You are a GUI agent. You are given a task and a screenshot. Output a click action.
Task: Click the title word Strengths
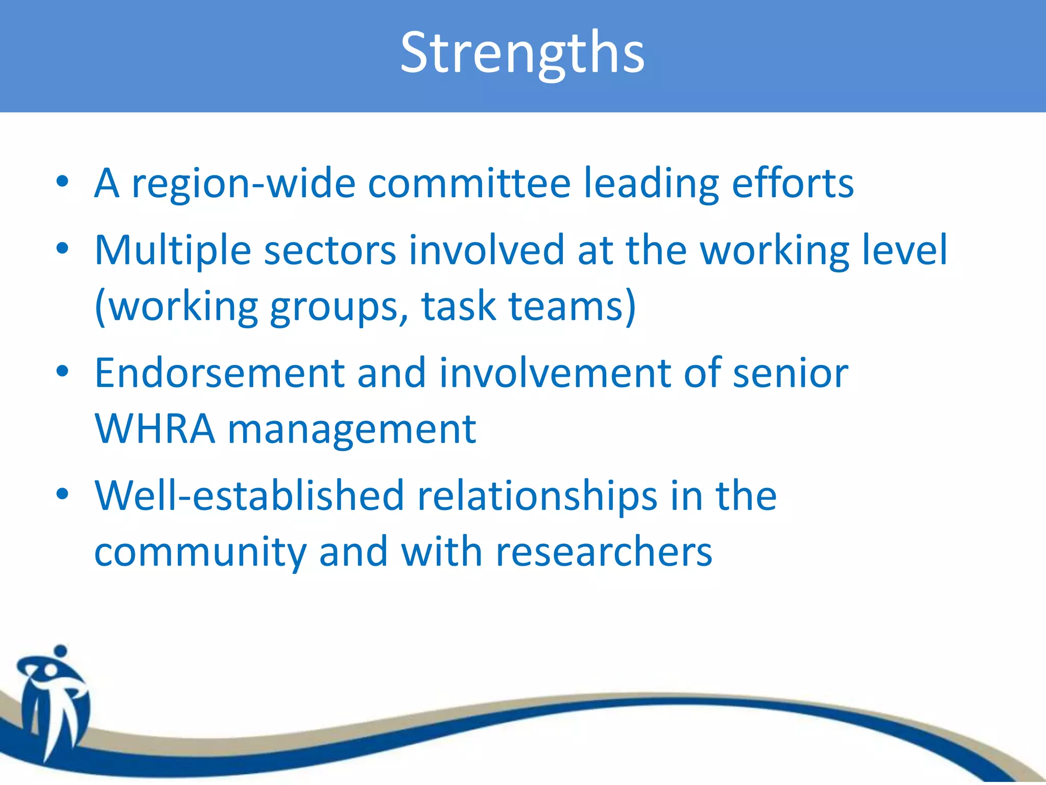click(522, 53)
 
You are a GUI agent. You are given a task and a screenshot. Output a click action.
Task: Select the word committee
click(469, 183)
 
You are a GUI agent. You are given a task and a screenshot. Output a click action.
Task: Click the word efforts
click(792, 183)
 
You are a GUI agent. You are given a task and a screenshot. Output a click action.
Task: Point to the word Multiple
click(173, 251)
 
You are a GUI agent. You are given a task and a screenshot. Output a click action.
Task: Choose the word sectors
click(330, 251)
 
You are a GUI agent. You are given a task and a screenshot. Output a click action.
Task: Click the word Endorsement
click(220, 374)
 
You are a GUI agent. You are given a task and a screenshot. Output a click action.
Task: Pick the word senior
click(790, 374)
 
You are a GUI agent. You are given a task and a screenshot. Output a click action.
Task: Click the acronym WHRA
click(155, 429)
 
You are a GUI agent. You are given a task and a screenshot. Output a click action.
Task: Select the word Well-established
click(249, 496)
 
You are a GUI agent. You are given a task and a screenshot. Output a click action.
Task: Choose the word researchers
click(604, 552)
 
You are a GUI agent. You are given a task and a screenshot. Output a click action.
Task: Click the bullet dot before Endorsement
click(62, 372)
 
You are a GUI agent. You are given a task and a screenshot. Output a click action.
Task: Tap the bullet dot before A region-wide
click(62, 181)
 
